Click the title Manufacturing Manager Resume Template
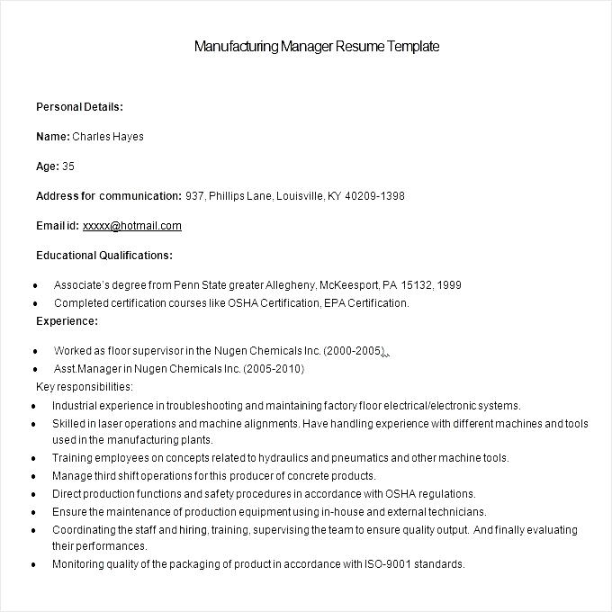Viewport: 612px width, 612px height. click(x=316, y=46)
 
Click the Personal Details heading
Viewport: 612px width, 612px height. click(x=79, y=107)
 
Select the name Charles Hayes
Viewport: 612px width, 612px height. click(x=107, y=137)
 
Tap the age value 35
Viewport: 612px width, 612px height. click(x=68, y=166)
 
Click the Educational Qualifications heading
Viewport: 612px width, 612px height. click(x=104, y=255)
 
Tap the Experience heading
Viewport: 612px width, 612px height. click(x=67, y=320)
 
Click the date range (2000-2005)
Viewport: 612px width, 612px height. click(x=355, y=351)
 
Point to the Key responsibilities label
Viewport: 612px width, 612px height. click(x=84, y=387)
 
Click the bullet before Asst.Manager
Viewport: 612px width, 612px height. click(x=34, y=370)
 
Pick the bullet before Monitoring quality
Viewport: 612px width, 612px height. click(x=33, y=565)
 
